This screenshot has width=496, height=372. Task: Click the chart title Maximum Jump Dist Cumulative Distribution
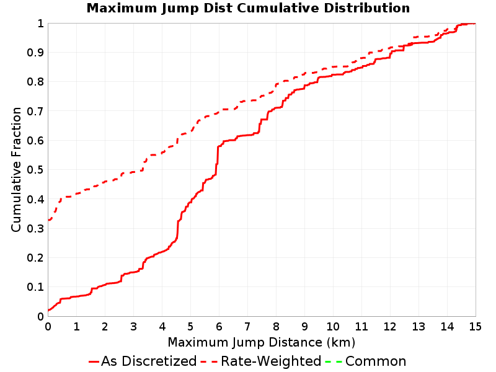click(x=248, y=8)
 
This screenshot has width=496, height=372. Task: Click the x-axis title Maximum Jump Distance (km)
click(x=262, y=342)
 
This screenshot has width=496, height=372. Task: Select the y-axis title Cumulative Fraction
click(x=16, y=169)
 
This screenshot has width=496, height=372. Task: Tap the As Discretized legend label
click(x=149, y=361)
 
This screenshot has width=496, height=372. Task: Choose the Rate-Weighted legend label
click(x=271, y=361)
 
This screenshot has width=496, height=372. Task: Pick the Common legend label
click(x=376, y=361)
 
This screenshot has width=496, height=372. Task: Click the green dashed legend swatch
click(x=334, y=361)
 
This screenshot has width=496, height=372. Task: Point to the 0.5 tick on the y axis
click(x=35, y=170)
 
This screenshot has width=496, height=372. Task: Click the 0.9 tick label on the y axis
click(x=35, y=53)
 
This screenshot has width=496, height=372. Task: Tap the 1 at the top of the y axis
click(x=40, y=24)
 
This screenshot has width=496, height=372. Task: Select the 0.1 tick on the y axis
click(x=35, y=287)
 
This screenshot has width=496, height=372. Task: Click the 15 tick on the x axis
click(x=476, y=327)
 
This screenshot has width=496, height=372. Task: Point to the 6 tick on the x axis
click(x=219, y=327)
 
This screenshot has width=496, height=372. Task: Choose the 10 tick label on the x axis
click(x=333, y=327)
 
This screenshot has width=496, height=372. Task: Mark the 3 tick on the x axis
click(x=133, y=327)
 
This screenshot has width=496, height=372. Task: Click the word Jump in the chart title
click(x=180, y=9)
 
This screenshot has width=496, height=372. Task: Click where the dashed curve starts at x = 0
click(x=48, y=220)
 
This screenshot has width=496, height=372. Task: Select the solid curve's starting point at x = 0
click(x=48, y=311)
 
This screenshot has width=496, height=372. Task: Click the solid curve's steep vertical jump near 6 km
click(x=218, y=160)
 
